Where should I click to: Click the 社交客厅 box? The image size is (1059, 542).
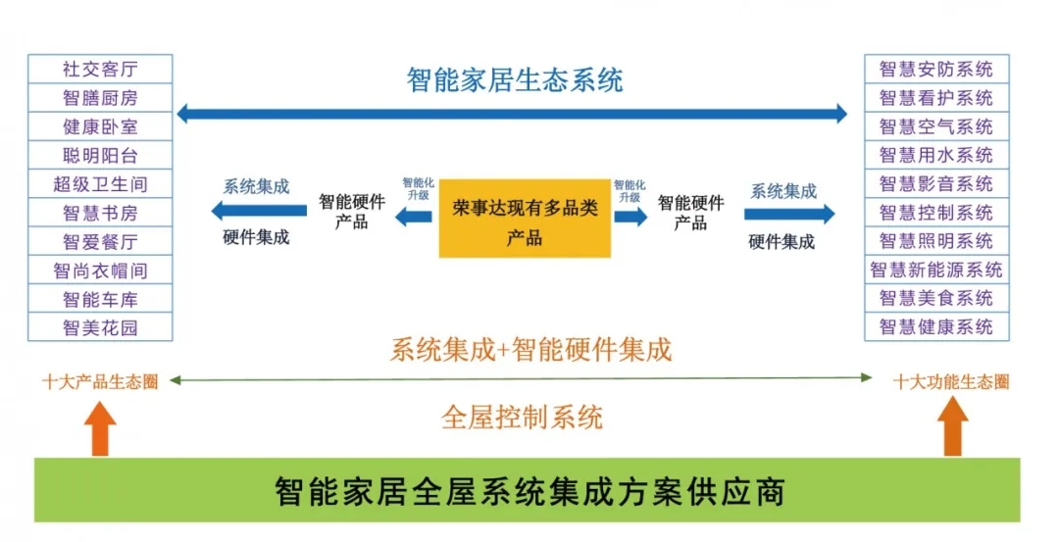(x=100, y=70)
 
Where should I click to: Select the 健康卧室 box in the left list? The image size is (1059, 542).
(x=100, y=126)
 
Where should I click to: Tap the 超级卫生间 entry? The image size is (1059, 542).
(x=100, y=184)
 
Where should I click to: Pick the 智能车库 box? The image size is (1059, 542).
(x=100, y=299)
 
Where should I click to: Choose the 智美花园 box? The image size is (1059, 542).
(x=100, y=327)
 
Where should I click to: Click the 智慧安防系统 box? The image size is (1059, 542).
(x=935, y=70)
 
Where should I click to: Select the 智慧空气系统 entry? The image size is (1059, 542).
(x=935, y=126)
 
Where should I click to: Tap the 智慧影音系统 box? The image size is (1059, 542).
(x=935, y=184)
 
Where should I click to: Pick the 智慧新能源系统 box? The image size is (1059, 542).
(x=935, y=270)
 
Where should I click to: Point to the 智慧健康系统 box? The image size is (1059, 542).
(x=935, y=327)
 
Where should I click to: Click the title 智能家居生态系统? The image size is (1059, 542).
(x=515, y=79)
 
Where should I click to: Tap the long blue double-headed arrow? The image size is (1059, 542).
(x=511, y=114)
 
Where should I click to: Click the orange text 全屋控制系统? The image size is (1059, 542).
(x=522, y=419)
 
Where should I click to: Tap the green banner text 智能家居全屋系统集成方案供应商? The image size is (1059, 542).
(x=529, y=490)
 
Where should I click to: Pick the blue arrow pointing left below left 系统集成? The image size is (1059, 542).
(x=244, y=211)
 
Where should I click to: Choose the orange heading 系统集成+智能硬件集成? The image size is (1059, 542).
(x=530, y=350)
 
